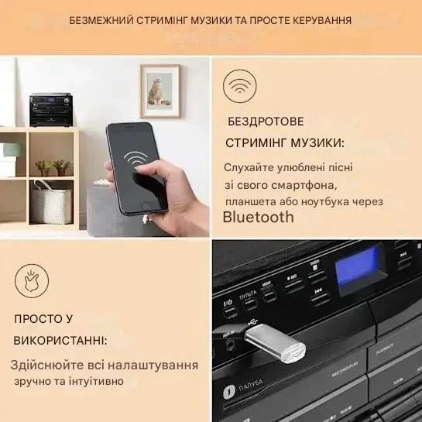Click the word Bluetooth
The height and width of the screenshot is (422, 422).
pos(258,217)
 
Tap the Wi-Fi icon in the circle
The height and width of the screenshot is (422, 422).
pos(240,87)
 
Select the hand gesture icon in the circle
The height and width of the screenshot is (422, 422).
pos(31,281)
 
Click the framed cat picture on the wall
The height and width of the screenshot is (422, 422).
pos(160,91)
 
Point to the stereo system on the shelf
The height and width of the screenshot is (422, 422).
pos(50,109)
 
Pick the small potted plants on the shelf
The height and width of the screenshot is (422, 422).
pos(53,166)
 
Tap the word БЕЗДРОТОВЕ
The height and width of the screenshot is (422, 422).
pos(260,122)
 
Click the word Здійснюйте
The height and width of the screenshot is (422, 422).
pos(43,365)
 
